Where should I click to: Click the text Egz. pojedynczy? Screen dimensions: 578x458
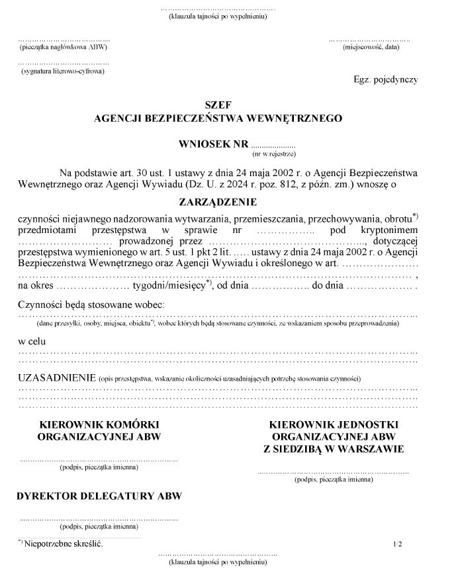coord(386,79)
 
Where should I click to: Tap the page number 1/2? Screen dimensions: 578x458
coord(397,544)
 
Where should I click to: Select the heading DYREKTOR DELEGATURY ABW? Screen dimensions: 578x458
coord(99,496)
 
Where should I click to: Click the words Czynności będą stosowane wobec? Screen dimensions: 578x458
coord(91,304)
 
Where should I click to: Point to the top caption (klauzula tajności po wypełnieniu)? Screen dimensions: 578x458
coord(218,16)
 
